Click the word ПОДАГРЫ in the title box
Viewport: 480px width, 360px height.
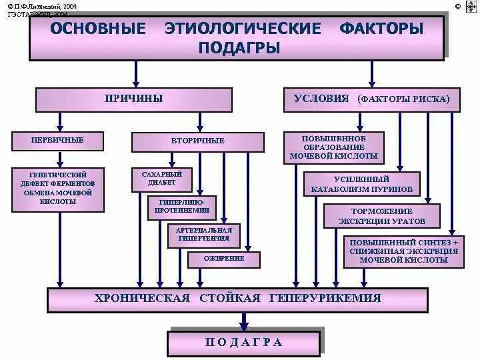click(239, 48)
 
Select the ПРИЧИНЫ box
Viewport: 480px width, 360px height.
click(133, 99)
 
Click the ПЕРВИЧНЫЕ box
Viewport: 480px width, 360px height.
click(57, 141)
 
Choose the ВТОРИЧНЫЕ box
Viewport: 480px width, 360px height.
click(198, 141)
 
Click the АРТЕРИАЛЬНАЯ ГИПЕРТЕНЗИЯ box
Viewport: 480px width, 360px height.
click(203, 234)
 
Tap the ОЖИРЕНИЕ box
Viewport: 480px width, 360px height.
click(223, 259)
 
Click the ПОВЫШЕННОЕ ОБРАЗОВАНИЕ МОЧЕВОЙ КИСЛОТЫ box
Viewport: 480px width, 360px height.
click(334, 147)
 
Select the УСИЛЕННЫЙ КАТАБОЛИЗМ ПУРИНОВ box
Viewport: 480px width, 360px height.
click(362, 184)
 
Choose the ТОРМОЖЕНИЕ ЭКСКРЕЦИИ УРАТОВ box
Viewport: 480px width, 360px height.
click(382, 216)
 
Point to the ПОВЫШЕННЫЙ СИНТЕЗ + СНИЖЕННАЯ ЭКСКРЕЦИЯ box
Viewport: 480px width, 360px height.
click(404, 251)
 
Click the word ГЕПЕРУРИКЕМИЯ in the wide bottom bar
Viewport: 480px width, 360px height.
click(325, 298)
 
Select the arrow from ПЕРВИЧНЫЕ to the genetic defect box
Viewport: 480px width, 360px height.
click(60, 159)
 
